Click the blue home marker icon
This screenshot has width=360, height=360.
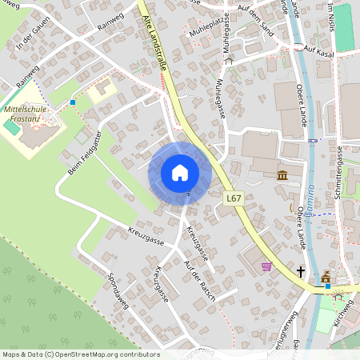[180, 173]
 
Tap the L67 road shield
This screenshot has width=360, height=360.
[233, 198]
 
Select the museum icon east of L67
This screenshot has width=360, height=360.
[282, 175]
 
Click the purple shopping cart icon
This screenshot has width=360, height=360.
[266, 266]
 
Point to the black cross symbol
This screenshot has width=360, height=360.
[301, 272]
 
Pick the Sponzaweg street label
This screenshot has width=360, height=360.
[118, 289]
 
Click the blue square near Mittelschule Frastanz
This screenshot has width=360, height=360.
[73, 102]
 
